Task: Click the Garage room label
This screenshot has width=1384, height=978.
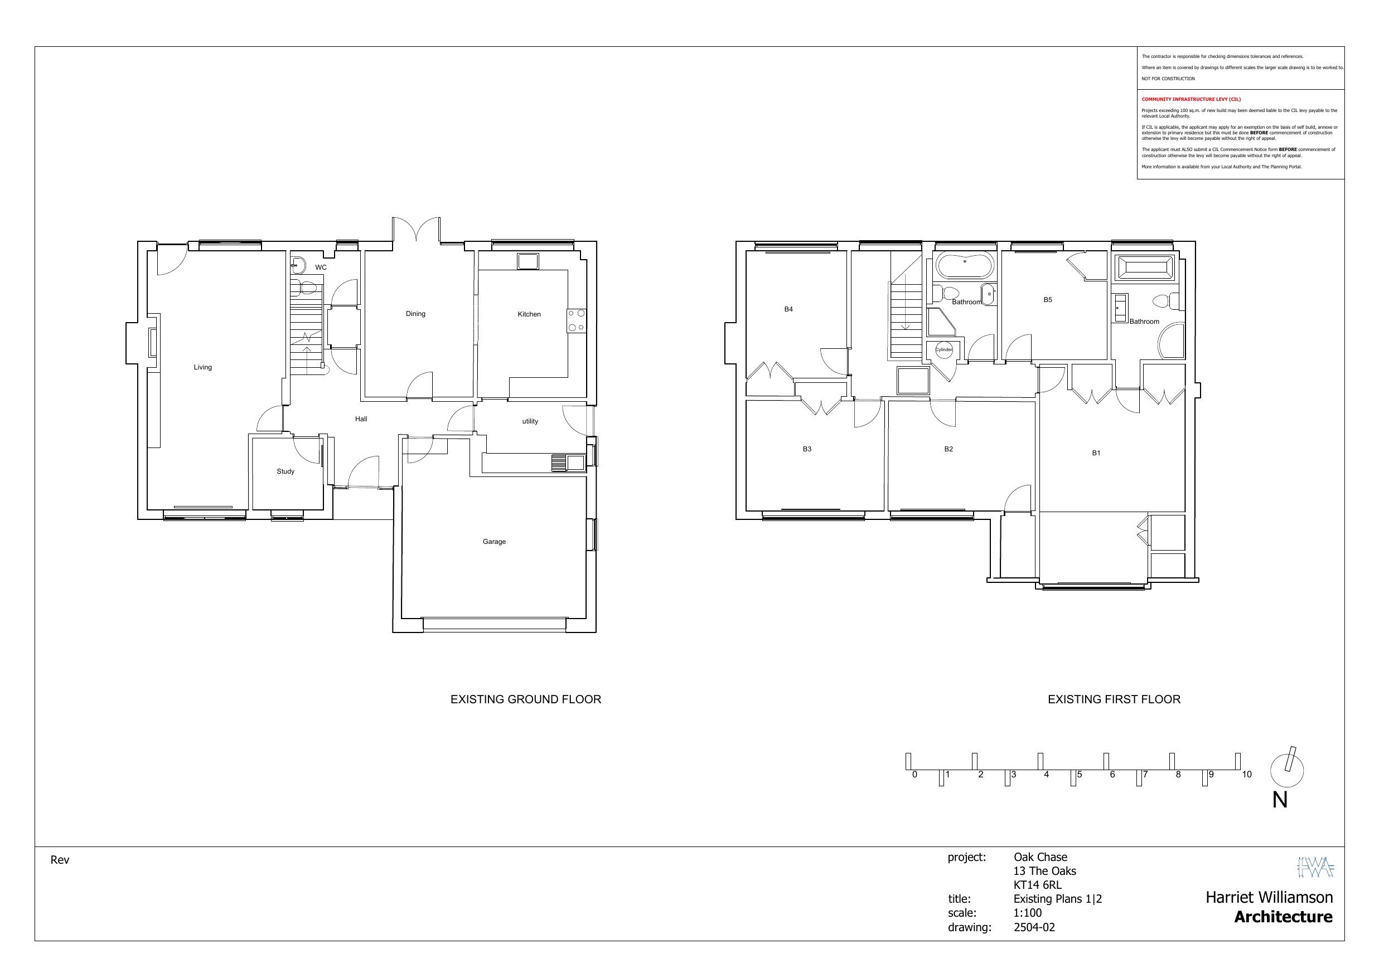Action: (493, 542)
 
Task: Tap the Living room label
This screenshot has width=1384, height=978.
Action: (202, 368)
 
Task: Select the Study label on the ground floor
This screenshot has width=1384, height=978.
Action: (285, 472)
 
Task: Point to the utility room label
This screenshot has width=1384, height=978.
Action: (530, 422)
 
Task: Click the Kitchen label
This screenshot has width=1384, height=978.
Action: (529, 314)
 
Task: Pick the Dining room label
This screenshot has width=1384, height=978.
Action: (415, 314)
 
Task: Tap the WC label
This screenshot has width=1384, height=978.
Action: (321, 267)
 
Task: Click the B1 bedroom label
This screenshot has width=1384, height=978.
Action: (1096, 453)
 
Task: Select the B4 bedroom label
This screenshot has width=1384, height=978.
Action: (788, 310)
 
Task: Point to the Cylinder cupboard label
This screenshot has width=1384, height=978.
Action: (944, 350)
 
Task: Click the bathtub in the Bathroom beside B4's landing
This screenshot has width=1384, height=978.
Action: (965, 265)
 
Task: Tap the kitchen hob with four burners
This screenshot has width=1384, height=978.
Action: (575, 320)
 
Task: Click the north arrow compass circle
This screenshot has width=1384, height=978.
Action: (1287, 771)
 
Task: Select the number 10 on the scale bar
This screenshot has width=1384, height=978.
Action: (1247, 775)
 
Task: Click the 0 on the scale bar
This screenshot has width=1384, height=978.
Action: (914, 775)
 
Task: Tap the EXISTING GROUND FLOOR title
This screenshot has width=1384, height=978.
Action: (526, 699)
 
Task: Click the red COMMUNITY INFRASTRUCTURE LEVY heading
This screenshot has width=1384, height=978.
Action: (1191, 99)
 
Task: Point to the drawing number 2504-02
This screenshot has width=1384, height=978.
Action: (1034, 927)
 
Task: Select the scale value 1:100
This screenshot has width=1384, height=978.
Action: (1028, 913)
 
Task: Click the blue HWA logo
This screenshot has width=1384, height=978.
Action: (1315, 867)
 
